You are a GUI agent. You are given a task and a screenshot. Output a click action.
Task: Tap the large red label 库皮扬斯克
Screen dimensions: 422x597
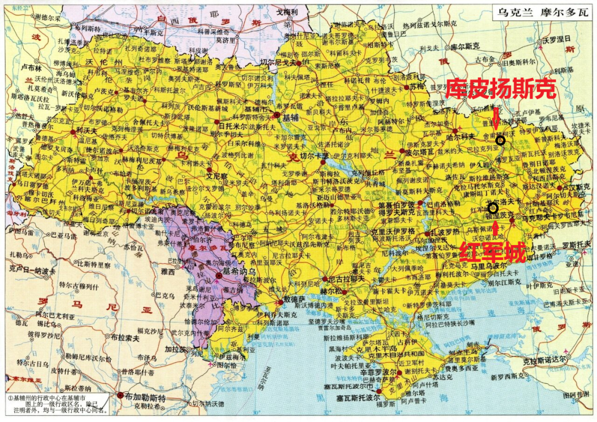[x=500, y=88]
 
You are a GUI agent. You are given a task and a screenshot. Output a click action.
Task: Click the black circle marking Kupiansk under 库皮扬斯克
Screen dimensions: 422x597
[x=500, y=140]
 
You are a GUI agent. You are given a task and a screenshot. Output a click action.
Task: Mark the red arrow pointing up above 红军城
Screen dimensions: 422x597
[x=496, y=229]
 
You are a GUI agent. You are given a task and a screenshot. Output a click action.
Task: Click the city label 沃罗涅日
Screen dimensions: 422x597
[x=559, y=40]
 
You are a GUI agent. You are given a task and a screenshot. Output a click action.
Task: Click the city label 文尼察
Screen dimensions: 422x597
[x=217, y=177]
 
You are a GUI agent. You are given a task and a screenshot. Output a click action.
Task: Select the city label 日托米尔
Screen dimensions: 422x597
[x=229, y=127]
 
